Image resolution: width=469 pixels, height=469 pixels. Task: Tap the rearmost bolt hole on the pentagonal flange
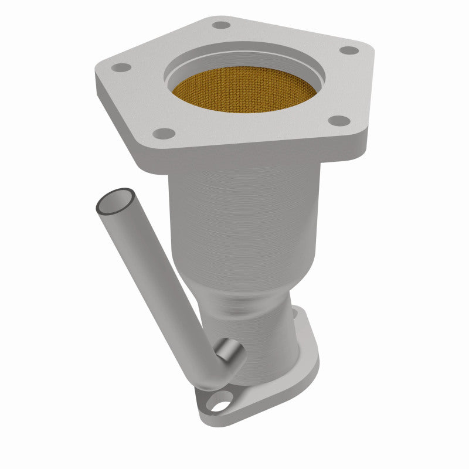(221, 25)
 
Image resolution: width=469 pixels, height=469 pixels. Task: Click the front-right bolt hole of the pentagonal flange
(338, 121)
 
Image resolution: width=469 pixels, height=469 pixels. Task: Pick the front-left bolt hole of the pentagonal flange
(166, 133)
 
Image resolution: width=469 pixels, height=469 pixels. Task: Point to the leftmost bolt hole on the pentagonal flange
(121, 67)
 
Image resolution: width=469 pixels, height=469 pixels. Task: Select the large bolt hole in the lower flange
(221, 403)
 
